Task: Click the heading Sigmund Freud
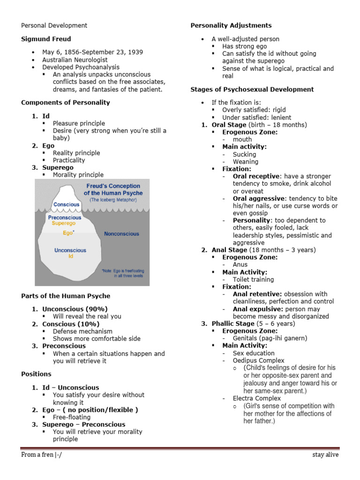point(46,39)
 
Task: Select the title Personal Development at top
point(54,25)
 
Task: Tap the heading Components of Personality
point(66,103)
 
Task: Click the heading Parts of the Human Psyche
point(66,296)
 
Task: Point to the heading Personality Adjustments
point(231,25)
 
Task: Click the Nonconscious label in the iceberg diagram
point(121,233)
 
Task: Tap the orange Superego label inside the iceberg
point(63,224)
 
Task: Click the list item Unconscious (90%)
point(75,309)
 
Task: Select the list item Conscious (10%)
point(71,324)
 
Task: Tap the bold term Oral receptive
point(256,176)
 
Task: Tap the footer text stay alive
point(325,455)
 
